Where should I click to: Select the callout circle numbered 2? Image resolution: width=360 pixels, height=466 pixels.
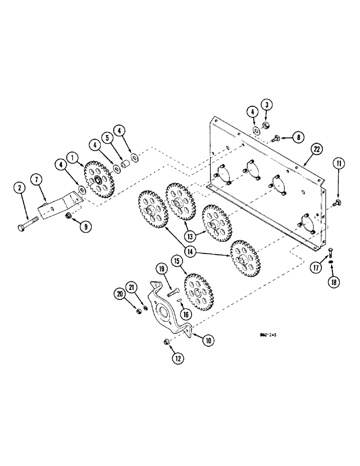pyautogui.click(x=19, y=188)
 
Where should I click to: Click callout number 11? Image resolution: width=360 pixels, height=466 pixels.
pyautogui.click(x=338, y=163)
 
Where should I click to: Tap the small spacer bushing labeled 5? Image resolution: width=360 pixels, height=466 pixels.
pyautogui.click(x=125, y=165)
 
